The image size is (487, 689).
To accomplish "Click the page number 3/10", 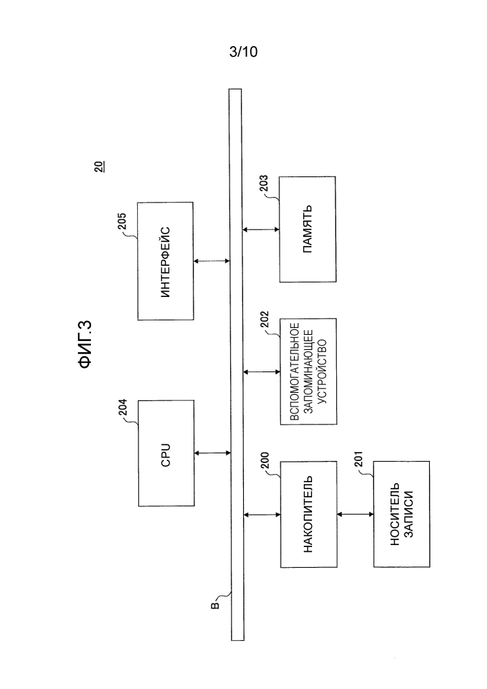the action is click(x=243, y=52).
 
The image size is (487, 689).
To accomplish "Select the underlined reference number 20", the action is click(x=99, y=167).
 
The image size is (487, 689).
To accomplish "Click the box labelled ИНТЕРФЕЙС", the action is click(x=165, y=261).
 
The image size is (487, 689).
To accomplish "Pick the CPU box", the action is click(x=167, y=453).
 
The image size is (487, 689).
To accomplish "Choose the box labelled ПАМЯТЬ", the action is click(x=308, y=229).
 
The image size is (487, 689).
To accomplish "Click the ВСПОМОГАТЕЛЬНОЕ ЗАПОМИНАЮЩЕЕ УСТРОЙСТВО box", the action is click(x=309, y=371).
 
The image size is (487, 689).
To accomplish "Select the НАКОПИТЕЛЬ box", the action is click(x=309, y=514).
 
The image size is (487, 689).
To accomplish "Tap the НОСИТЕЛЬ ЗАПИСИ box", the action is click(x=402, y=514).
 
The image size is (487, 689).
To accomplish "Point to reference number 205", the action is click(x=122, y=221).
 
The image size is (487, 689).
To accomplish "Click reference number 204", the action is click(x=123, y=407).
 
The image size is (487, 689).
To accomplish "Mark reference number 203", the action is click(x=264, y=184).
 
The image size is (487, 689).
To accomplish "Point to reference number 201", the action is click(x=358, y=460).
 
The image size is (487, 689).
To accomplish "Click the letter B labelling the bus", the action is click(x=215, y=606).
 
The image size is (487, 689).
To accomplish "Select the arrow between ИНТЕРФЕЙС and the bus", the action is click(x=211, y=261).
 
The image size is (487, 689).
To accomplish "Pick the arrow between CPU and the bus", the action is click(x=213, y=453).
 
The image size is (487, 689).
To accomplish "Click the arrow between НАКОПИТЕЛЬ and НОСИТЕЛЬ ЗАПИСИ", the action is click(x=355, y=514).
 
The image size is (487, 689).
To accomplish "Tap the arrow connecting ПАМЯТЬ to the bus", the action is click(x=261, y=229).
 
